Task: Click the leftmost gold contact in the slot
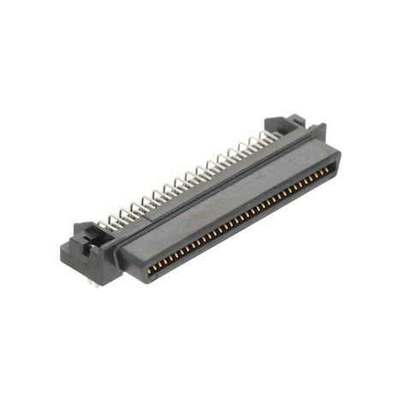click(151, 270)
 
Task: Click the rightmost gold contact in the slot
click(331, 169)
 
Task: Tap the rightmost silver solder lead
click(273, 134)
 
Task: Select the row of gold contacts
click(240, 219)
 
